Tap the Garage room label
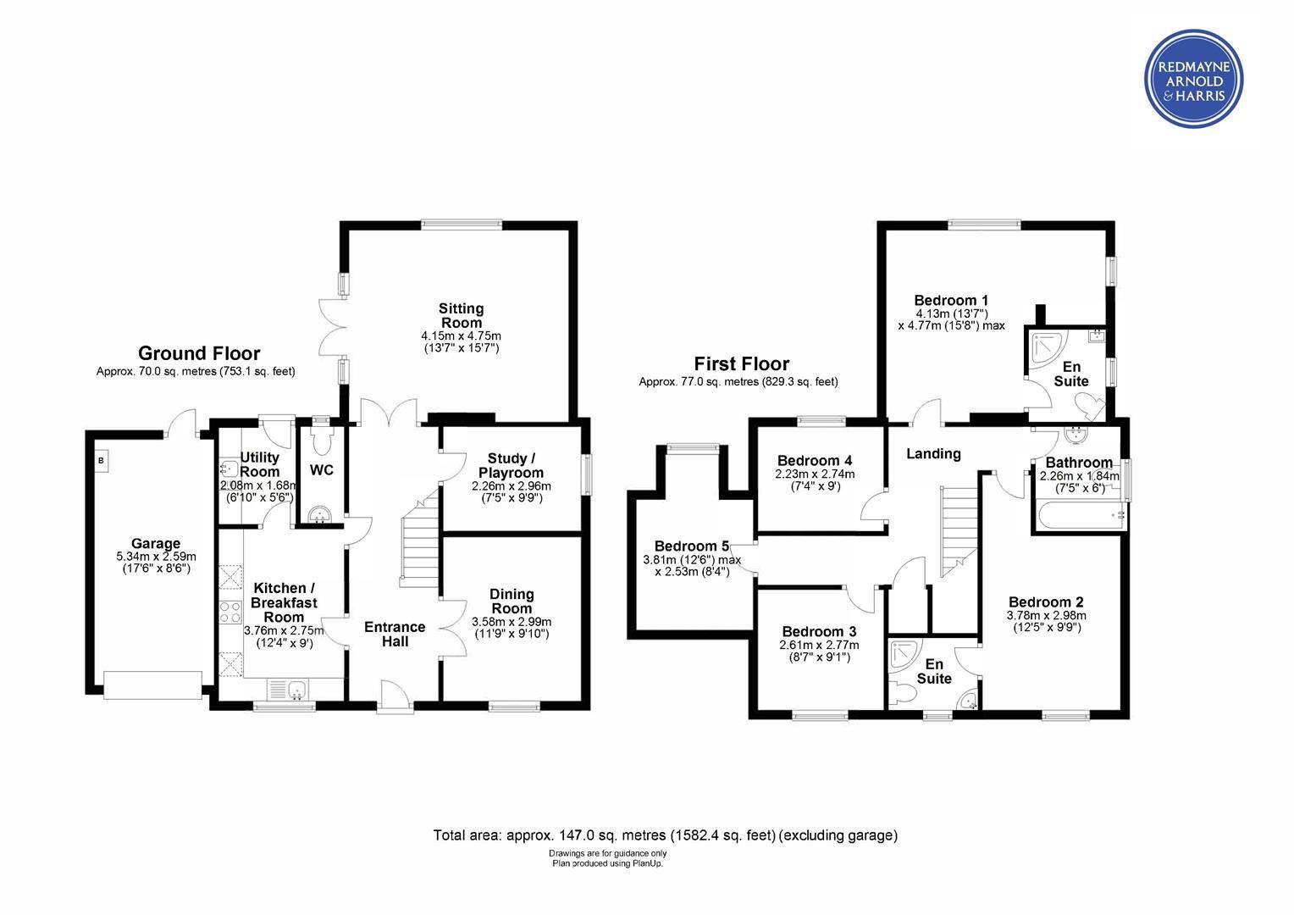155,543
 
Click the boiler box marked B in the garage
101,461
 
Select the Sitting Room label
461,316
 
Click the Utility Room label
260,464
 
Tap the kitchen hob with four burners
229,613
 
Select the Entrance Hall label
395,634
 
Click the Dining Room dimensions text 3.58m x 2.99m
512,622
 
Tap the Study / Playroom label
511,465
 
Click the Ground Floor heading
199,353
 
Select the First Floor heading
741,363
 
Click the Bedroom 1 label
951,301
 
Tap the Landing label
933,454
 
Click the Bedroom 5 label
692,546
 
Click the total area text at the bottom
666,835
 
